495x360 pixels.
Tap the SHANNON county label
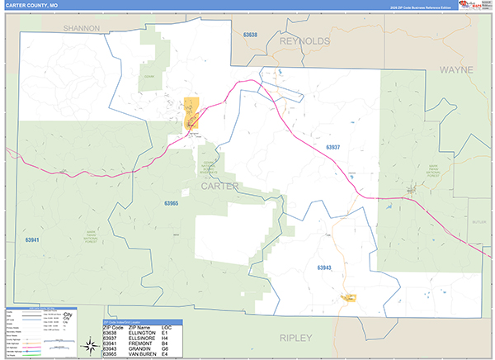tap(81, 28)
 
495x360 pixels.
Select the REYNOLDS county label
tap(304, 40)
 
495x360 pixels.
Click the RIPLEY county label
tap(296, 338)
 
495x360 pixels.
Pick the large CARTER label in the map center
tap(219, 187)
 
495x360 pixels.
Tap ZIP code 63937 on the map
tap(332, 147)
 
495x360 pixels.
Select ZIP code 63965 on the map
tap(171, 202)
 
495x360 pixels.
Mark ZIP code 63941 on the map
tap(32, 239)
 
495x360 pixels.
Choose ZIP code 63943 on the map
tap(323, 268)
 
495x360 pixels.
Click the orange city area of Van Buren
tap(193, 110)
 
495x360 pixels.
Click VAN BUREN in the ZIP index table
tap(141, 353)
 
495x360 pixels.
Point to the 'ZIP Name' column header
tap(139, 328)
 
